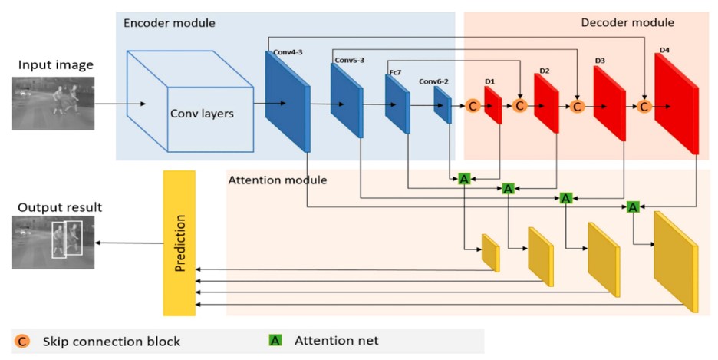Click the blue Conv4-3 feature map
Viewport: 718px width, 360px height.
(x=288, y=101)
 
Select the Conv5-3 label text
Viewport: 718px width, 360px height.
(x=349, y=60)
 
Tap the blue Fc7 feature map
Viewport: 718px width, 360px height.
(x=397, y=104)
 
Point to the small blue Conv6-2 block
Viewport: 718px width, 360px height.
(x=443, y=104)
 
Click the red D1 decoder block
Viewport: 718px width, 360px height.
(x=493, y=105)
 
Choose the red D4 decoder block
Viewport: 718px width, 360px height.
(x=677, y=104)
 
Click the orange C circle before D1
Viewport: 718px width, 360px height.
(x=473, y=106)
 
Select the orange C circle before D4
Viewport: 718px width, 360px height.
(x=644, y=106)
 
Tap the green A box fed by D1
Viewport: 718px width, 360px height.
(x=464, y=179)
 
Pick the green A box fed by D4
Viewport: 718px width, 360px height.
(x=633, y=207)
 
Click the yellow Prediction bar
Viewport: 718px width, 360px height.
(x=179, y=243)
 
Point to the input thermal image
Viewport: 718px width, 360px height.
(x=53, y=103)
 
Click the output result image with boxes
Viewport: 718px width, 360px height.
(x=53, y=243)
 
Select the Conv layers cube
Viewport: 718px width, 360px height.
(x=190, y=101)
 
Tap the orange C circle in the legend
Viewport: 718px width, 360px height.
(x=21, y=342)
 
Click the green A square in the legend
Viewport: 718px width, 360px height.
(x=275, y=340)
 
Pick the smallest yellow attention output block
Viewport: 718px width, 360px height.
(x=490, y=253)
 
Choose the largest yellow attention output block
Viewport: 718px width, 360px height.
(x=676, y=262)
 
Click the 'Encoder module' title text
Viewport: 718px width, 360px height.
(x=170, y=23)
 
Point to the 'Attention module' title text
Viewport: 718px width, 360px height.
(x=278, y=180)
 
